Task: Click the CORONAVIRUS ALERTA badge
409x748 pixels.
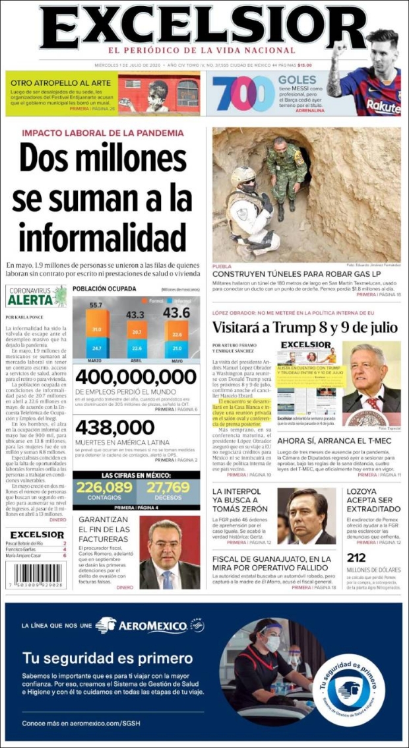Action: tap(36, 296)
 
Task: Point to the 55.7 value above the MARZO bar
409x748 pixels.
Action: tap(96, 305)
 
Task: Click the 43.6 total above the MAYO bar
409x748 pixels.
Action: tap(176, 312)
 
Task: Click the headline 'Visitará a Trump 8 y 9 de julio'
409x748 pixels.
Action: tap(305, 327)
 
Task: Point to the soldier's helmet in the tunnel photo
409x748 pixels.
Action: tap(243, 175)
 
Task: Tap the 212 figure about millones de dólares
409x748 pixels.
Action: tap(357, 558)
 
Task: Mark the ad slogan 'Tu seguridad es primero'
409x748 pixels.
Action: tap(108, 658)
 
